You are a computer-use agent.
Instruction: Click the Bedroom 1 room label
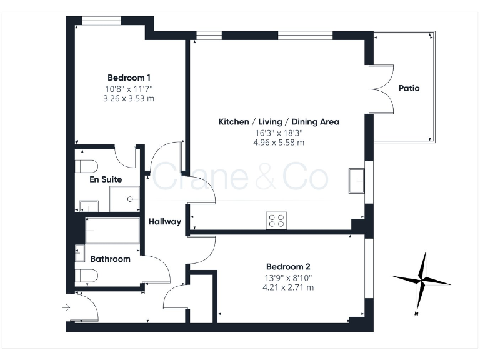(129, 77)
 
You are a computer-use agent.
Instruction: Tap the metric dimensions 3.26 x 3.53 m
(129, 98)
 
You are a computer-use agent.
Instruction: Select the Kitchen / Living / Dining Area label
(278, 121)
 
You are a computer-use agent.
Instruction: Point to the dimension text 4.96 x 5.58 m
(278, 142)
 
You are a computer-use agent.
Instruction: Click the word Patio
(409, 88)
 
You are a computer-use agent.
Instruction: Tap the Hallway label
(164, 221)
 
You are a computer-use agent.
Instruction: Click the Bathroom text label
(110, 259)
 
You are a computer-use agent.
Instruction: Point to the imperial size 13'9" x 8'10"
(288, 277)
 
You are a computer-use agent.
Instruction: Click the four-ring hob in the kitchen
(276, 220)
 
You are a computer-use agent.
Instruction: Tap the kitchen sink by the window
(358, 181)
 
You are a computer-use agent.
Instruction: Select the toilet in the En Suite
(85, 166)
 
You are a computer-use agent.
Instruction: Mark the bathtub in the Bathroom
(112, 231)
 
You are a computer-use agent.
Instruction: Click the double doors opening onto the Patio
(382, 88)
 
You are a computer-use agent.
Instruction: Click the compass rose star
(422, 278)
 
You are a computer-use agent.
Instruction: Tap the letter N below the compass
(416, 313)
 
